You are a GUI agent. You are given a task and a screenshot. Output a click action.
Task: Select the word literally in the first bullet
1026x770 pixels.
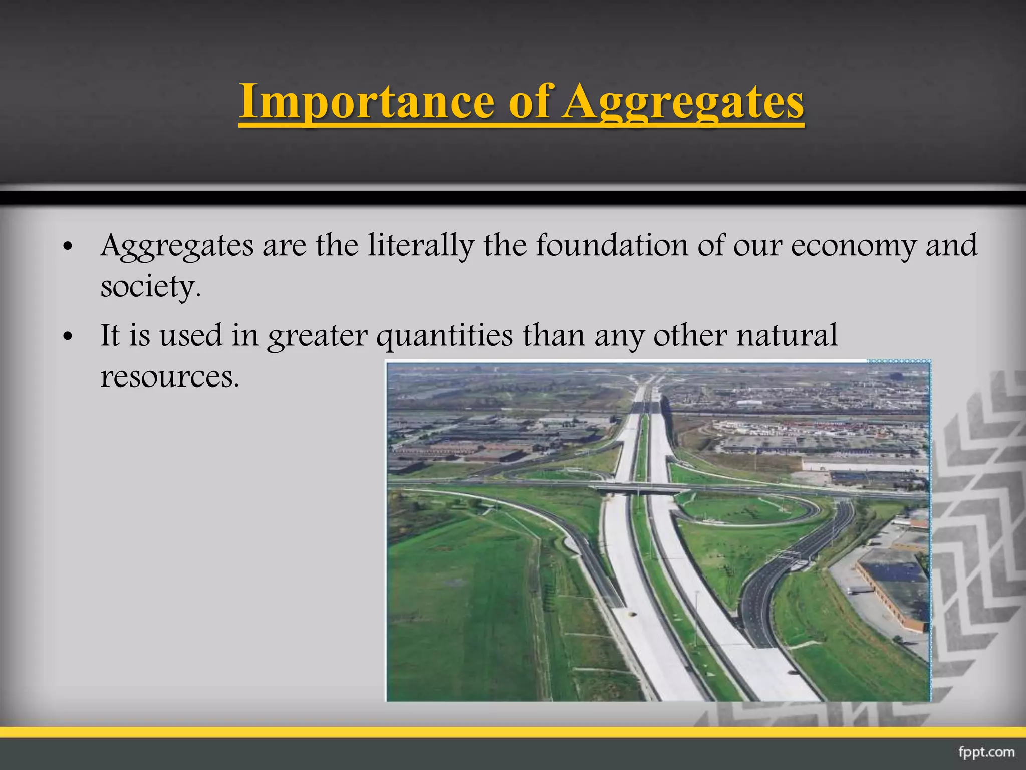421,246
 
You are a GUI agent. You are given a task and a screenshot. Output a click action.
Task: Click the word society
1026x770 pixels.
150,287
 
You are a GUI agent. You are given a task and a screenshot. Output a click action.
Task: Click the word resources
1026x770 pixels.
169,377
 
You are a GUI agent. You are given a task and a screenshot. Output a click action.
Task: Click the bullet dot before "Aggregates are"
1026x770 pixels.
69,247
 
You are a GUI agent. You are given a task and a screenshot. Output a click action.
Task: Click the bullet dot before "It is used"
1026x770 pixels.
69,337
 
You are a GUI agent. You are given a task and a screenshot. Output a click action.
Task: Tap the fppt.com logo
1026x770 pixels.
986,752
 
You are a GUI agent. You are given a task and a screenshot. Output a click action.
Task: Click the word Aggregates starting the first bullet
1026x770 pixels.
177,246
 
